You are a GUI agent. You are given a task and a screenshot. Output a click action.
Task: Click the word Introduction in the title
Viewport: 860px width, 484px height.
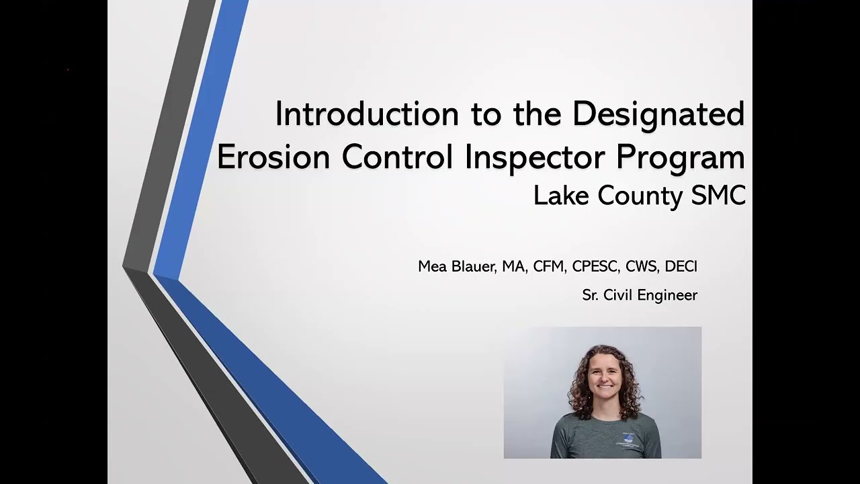pos(367,114)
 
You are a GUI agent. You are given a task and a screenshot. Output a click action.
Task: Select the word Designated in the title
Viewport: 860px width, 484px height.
pos(658,114)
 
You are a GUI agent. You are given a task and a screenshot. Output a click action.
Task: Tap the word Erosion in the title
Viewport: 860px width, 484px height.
pos(273,157)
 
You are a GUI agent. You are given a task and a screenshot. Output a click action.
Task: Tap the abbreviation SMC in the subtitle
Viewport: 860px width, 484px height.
pos(718,196)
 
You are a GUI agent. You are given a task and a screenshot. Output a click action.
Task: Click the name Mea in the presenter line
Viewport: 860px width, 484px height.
pos(432,267)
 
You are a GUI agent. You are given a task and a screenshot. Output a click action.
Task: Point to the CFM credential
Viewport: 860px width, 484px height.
pos(548,267)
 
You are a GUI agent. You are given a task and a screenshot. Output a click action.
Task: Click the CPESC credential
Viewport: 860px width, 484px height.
pos(595,267)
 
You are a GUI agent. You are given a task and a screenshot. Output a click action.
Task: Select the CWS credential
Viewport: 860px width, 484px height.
pos(641,267)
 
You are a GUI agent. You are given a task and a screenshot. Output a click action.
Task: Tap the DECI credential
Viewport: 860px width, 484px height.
pos(681,267)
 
